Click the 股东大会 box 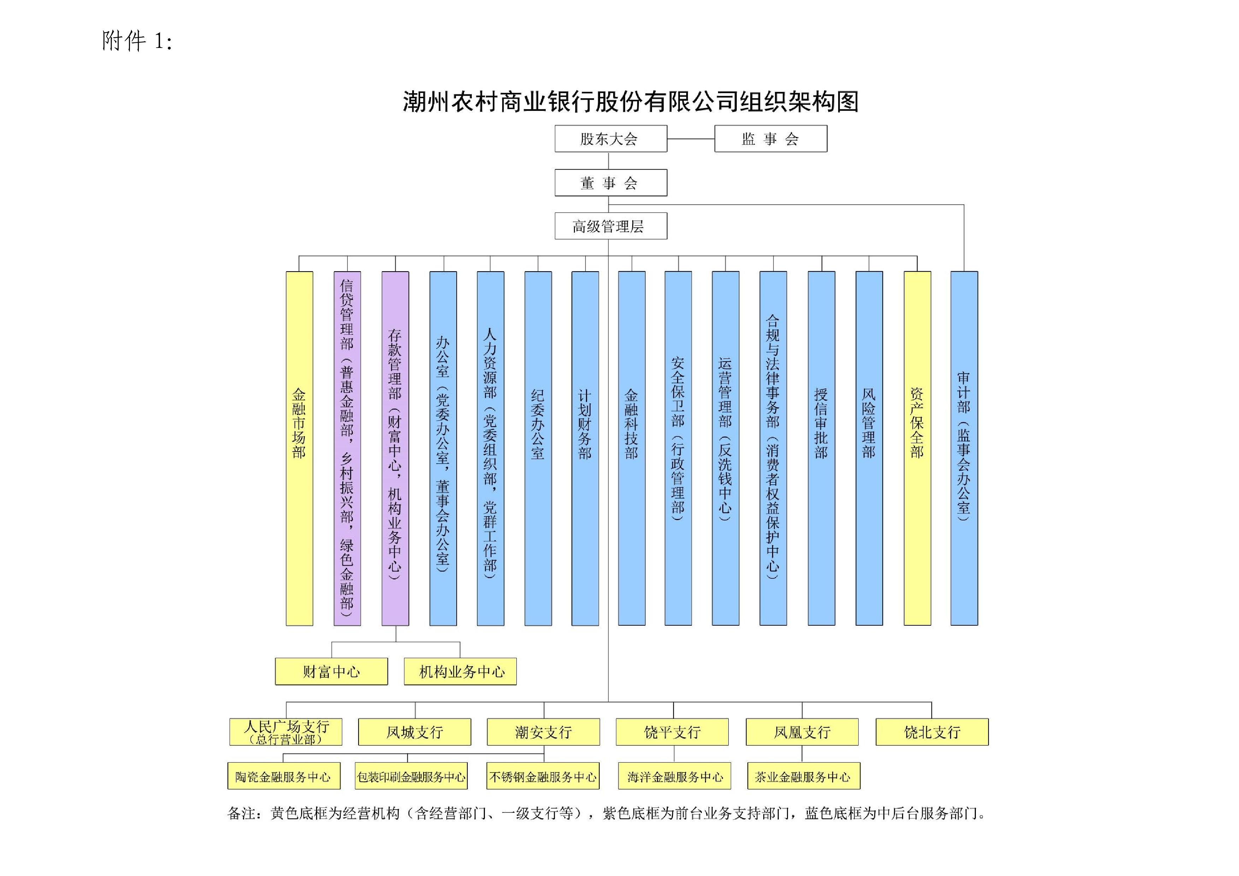610,139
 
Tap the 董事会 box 610,183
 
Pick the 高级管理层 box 610,226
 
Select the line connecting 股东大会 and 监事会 691,139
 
